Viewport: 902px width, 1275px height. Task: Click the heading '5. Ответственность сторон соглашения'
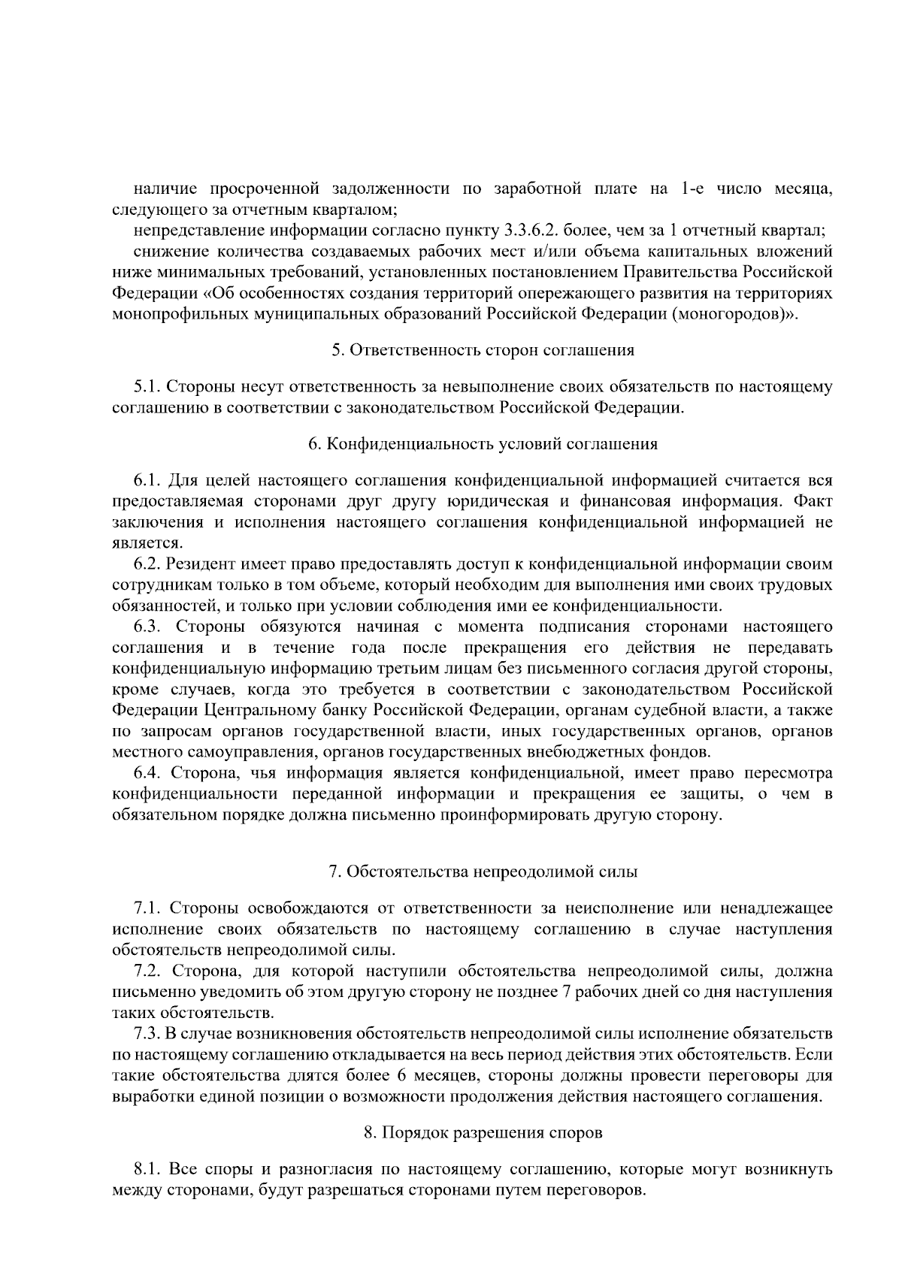(483, 350)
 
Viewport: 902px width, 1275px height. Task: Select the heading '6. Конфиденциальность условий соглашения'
(483, 444)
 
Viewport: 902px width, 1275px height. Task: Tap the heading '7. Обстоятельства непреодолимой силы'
(483, 872)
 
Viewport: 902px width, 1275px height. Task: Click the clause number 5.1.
(147, 388)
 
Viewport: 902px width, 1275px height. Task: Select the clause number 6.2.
(147, 563)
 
